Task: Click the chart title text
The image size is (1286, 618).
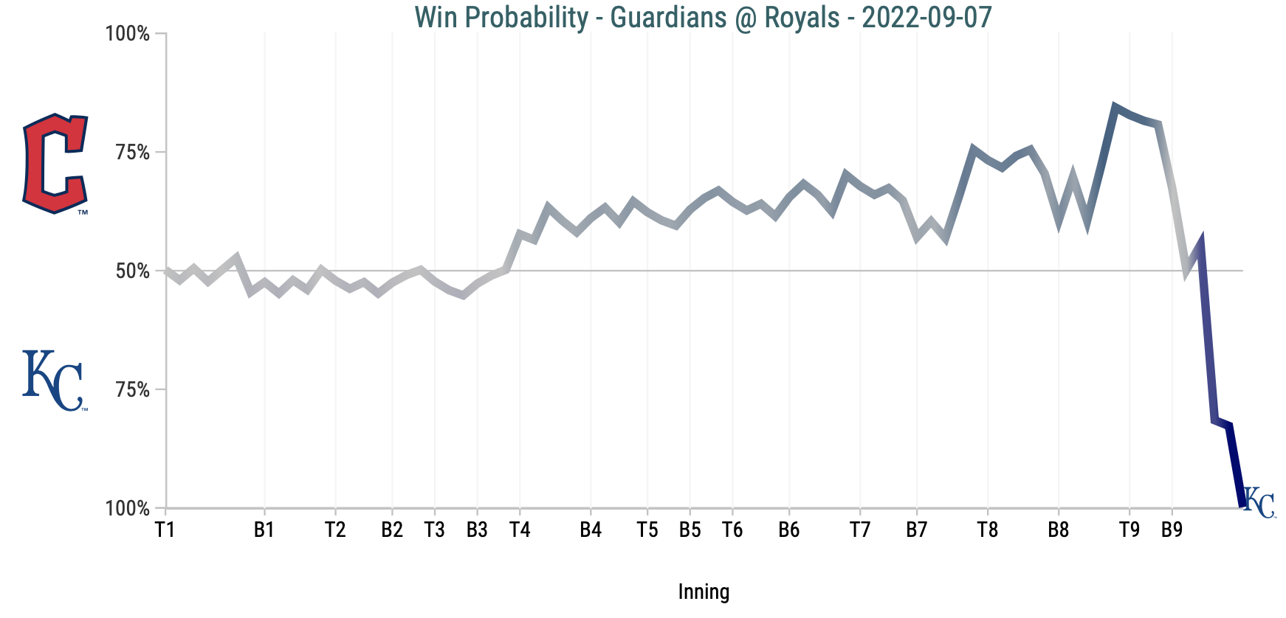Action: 703,17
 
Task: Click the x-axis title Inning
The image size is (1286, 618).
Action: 704,591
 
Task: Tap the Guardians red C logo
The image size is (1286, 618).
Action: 55,164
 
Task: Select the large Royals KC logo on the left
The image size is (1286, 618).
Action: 53,381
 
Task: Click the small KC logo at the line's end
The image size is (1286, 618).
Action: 1259,503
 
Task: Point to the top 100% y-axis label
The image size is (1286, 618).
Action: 128,34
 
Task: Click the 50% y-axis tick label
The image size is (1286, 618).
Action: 133,271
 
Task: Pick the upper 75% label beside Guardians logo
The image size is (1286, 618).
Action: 133,153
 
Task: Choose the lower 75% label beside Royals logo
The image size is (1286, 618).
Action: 133,390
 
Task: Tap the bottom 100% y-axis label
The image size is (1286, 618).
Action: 128,509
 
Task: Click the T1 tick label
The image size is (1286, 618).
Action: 165,530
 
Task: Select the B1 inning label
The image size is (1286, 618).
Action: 264,530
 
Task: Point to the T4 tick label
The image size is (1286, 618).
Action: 520,530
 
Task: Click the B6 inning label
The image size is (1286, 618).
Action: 789,530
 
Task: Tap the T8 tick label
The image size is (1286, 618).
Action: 988,530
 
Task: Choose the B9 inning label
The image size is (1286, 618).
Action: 1172,530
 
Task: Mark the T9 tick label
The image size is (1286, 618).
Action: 1129,530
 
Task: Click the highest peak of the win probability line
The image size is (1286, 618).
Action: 1115,107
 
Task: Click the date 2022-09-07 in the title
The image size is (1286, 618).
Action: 926,17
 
